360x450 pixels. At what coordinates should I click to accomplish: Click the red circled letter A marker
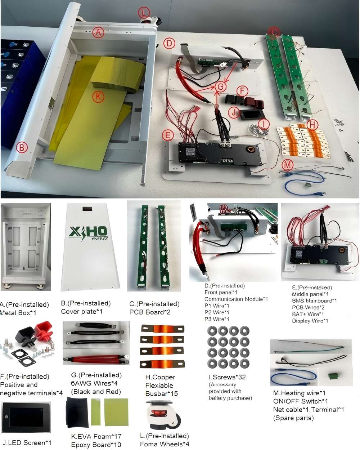pyautogui.click(x=98, y=32)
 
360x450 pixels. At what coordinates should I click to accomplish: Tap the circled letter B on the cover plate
pyautogui.click(x=22, y=147)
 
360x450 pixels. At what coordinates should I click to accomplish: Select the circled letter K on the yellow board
pyautogui.click(x=98, y=97)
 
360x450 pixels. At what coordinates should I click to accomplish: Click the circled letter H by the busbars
pyautogui.click(x=312, y=125)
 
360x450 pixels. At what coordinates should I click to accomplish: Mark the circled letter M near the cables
pyautogui.click(x=287, y=165)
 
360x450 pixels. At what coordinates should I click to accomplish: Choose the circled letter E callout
pyautogui.click(x=167, y=135)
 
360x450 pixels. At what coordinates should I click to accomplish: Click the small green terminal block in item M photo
pyautogui.click(x=333, y=376)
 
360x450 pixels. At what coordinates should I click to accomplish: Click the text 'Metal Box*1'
pyautogui.click(x=18, y=313)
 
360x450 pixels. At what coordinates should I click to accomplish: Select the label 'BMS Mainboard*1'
pyautogui.click(x=314, y=301)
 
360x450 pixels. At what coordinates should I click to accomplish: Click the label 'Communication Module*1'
pyautogui.click(x=236, y=299)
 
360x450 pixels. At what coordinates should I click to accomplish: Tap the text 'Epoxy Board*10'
pyautogui.click(x=96, y=445)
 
